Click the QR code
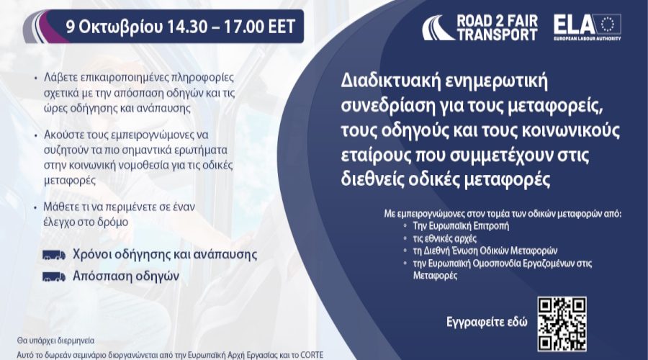(x=562, y=324)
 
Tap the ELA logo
(x=588, y=27)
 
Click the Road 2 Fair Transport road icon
(x=438, y=27)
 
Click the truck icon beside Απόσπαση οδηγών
(x=54, y=276)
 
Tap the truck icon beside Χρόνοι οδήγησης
(x=54, y=255)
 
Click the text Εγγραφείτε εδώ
(x=487, y=322)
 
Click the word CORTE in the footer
(x=312, y=355)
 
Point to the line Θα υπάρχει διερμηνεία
(x=55, y=341)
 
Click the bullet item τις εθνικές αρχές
(x=445, y=238)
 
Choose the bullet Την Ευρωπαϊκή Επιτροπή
(x=461, y=226)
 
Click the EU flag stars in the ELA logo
(x=608, y=24)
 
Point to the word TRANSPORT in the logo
(x=497, y=35)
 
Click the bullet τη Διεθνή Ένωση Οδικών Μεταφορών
(x=485, y=251)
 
